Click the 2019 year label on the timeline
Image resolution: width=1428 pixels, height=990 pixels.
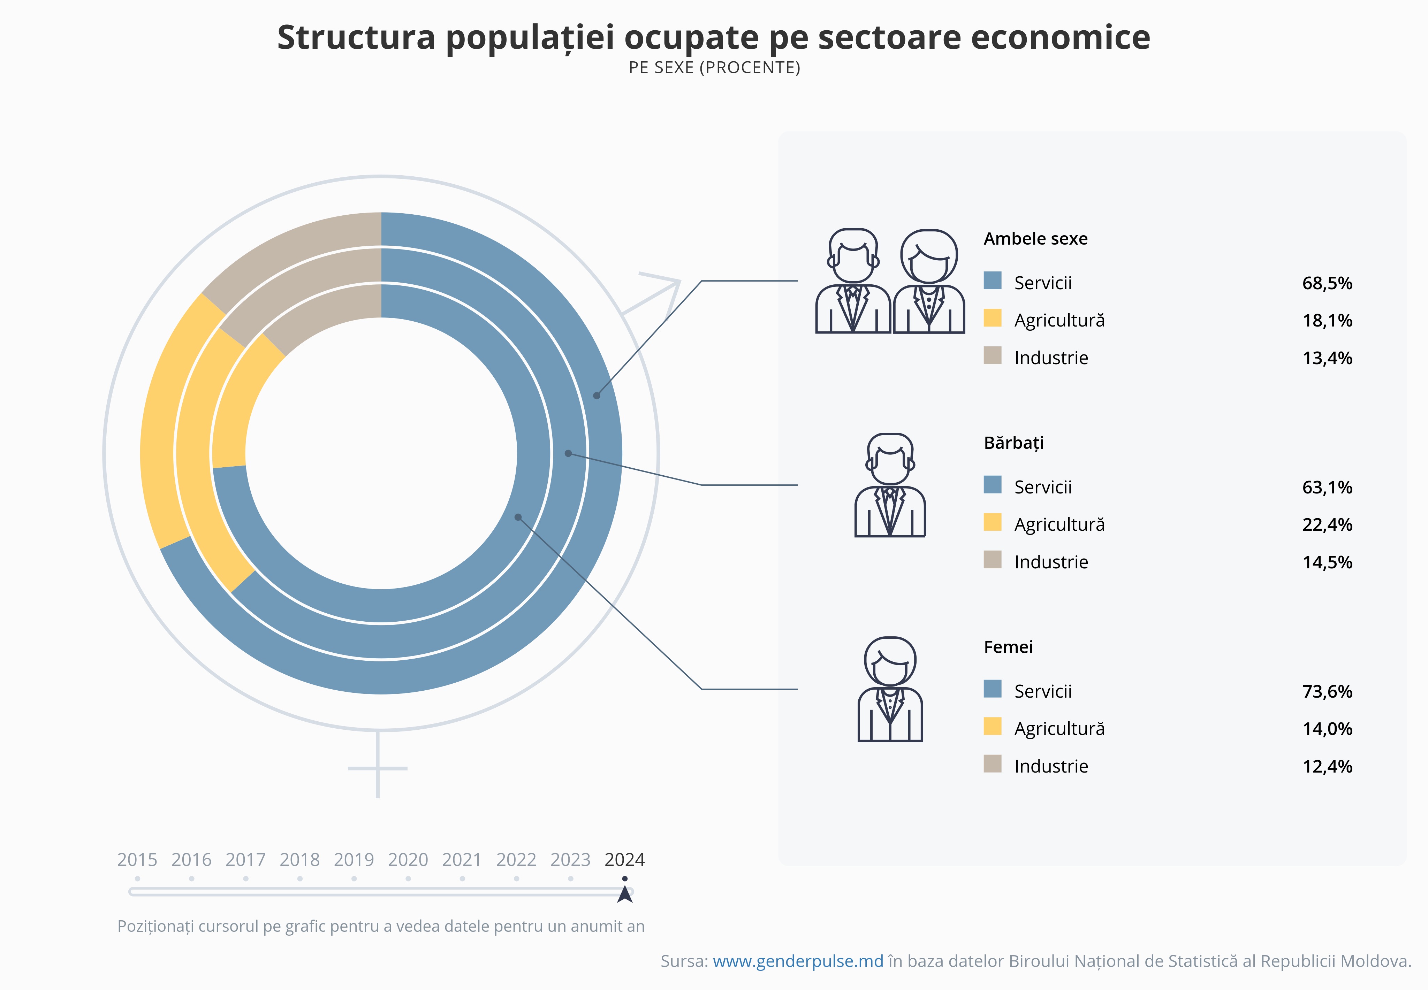(354, 860)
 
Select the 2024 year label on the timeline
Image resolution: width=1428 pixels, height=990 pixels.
(624, 860)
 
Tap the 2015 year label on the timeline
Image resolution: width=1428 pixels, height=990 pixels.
(137, 860)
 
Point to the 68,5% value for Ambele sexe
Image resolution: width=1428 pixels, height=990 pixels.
(1327, 283)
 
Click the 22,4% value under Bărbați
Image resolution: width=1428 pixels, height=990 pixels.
(1327, 525)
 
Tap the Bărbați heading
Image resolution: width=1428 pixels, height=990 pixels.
(1013, 443)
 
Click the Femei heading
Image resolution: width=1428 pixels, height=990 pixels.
(1008, 647)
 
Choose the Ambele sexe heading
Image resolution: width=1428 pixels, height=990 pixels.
(1035, 239)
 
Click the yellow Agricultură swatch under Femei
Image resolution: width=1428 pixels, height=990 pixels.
(992, 726)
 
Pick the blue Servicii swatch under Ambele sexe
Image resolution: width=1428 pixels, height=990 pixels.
(992, 281)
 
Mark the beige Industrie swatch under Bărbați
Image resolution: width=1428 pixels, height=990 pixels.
(992, 560)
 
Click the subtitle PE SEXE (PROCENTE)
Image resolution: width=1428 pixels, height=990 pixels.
(714, 68)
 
